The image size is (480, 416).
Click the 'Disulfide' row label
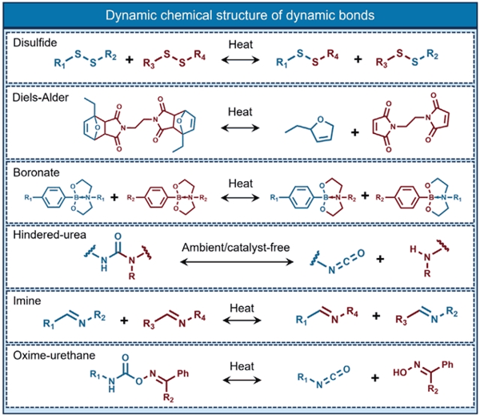click(35, 42)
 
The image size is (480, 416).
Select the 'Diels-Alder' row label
click(41, 98)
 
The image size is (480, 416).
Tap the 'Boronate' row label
click(36, 172)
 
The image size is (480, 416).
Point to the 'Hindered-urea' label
click(50, 235)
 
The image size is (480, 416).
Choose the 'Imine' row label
click(27, 301)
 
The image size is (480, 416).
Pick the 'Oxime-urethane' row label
click(54, 355)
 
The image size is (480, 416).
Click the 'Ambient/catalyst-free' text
click(236, 247)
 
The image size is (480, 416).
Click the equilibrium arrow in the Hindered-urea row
click(237, 261)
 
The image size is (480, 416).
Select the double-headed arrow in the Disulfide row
click(240, 59)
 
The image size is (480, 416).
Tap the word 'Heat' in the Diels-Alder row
click(240, 112)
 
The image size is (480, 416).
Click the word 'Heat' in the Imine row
click(242, 308)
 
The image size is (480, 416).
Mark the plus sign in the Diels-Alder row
click(354, 132)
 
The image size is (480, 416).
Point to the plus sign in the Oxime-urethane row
click(375, 378)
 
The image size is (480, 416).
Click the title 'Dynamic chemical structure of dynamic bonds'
click(240, 15)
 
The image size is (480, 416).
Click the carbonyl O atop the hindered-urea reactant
click(118, 236)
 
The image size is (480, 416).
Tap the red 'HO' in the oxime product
click(400, 373)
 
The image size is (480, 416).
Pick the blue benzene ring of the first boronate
click(54, 198)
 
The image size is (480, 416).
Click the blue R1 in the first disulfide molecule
click(60, 63)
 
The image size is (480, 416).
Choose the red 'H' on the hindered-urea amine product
click(414, 249)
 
